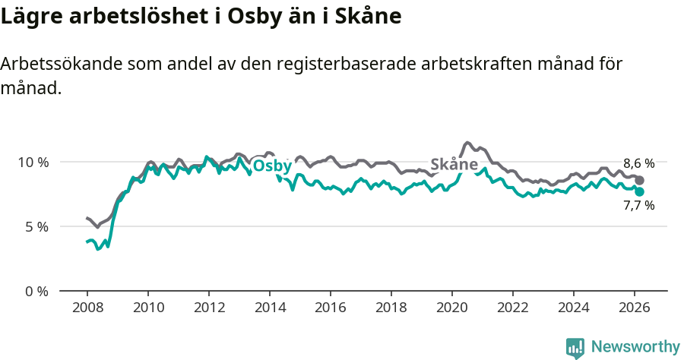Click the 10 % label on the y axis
(32, 162)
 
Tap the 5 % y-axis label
(36, 226)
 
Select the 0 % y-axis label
(36, 291)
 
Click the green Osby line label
(271, 166)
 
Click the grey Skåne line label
(454, 164)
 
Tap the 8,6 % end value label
(638, 163)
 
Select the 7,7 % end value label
(638, 205)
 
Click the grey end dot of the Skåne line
(640, 181)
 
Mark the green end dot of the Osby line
(640, 192)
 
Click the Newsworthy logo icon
(575, 347)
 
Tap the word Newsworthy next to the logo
(635, 347)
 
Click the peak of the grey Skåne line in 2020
(468, 143)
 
